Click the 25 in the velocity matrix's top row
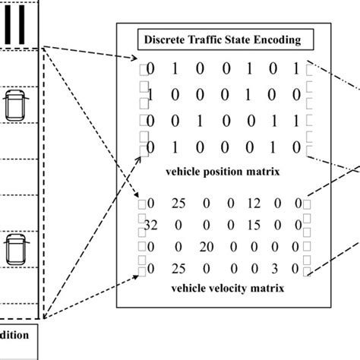(178, 204)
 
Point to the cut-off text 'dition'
(15, 334)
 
